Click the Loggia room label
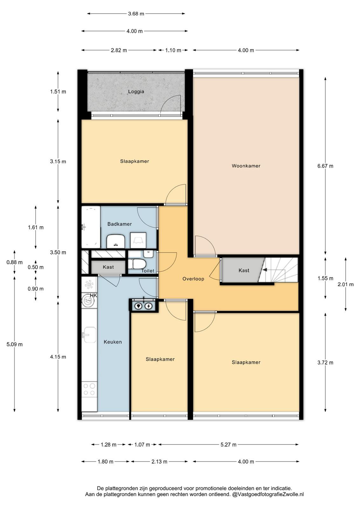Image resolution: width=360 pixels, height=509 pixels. coord(136,92)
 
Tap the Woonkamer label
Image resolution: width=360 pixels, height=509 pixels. coord(246,166)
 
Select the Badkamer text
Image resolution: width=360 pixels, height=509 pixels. coord(120,224)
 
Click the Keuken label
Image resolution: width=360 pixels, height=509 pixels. coord(113,342)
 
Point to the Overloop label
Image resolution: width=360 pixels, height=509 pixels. coord(193,279)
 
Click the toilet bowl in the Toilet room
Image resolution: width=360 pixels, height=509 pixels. coord(137,264)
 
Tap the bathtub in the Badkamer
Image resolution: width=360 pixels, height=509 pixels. coord(91,227)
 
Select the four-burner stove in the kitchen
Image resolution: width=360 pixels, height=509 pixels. coord(89,389)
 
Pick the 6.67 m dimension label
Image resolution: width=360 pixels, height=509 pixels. coord(325,166)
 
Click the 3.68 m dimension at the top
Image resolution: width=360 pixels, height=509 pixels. coord(136,14)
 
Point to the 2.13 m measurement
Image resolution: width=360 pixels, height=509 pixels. coord(159,462)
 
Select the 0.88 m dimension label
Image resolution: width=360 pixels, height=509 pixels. coord(15,262)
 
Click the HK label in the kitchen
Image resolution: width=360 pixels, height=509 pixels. coord(93,296)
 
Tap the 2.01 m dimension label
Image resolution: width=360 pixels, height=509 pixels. coord(345,284)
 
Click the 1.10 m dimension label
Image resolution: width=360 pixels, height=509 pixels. coord(173,50)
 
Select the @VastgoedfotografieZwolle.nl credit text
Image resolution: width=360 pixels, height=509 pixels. coord(268,494)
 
